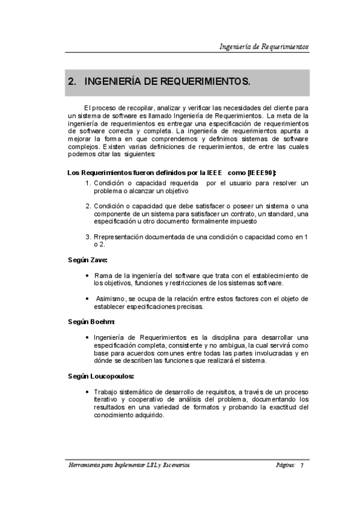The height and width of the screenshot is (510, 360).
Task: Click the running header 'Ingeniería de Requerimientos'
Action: (264, 46)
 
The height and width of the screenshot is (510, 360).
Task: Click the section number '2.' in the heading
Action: (73, 81)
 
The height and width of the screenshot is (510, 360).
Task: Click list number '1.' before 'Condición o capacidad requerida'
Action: (88, 182)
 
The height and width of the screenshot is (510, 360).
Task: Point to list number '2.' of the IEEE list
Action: (88, 206)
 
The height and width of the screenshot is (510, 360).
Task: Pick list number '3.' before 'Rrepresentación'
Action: (88, 237)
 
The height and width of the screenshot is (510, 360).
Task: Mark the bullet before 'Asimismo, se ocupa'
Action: (88, 298)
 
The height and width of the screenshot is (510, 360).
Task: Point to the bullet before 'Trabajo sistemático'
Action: (88, 392)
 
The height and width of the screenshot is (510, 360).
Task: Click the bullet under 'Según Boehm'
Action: (88, 337)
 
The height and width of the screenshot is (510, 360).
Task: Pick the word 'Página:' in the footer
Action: (285, 465)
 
